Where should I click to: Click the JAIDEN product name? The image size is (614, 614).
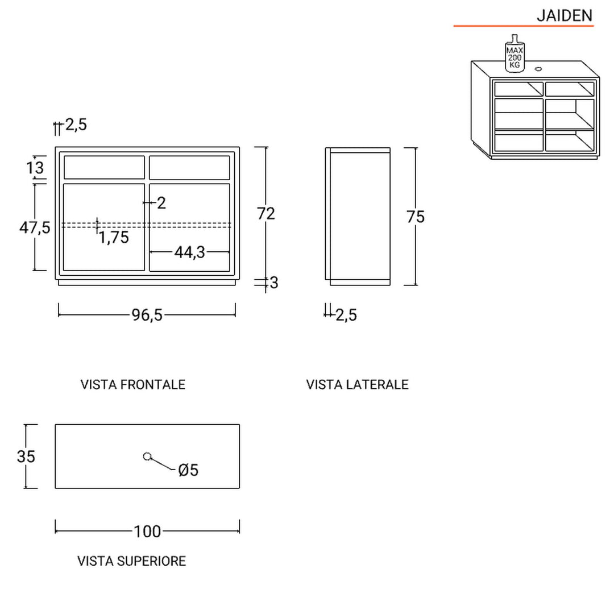pos(564,15)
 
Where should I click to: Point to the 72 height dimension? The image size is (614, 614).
pos(266,213)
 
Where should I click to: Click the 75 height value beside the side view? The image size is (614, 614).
pos(416,217)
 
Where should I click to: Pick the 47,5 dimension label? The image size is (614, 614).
pos(35,227)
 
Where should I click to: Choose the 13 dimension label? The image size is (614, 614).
pos(35,168)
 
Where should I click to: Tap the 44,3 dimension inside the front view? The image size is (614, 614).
pos(189,252)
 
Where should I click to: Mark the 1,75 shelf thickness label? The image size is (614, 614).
pos(114,237)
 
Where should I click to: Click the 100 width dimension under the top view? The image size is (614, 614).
pos(147,532)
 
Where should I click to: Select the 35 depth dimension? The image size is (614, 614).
pos(26,456)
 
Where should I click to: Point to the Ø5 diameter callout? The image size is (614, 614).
pos(188,470)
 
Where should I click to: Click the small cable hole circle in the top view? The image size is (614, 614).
pos(147,456)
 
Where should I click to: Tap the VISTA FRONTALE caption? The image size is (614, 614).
pos(133,385)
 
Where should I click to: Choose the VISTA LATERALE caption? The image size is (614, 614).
pos(357,385)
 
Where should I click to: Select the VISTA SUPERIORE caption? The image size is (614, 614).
pos(131,562)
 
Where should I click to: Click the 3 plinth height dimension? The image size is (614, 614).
pos(274,283)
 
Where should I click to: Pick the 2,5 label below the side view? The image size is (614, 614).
pos(346,315)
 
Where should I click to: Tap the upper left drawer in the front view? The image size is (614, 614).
pos(105,168)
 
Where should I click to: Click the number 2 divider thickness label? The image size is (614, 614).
pos(161,202)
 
